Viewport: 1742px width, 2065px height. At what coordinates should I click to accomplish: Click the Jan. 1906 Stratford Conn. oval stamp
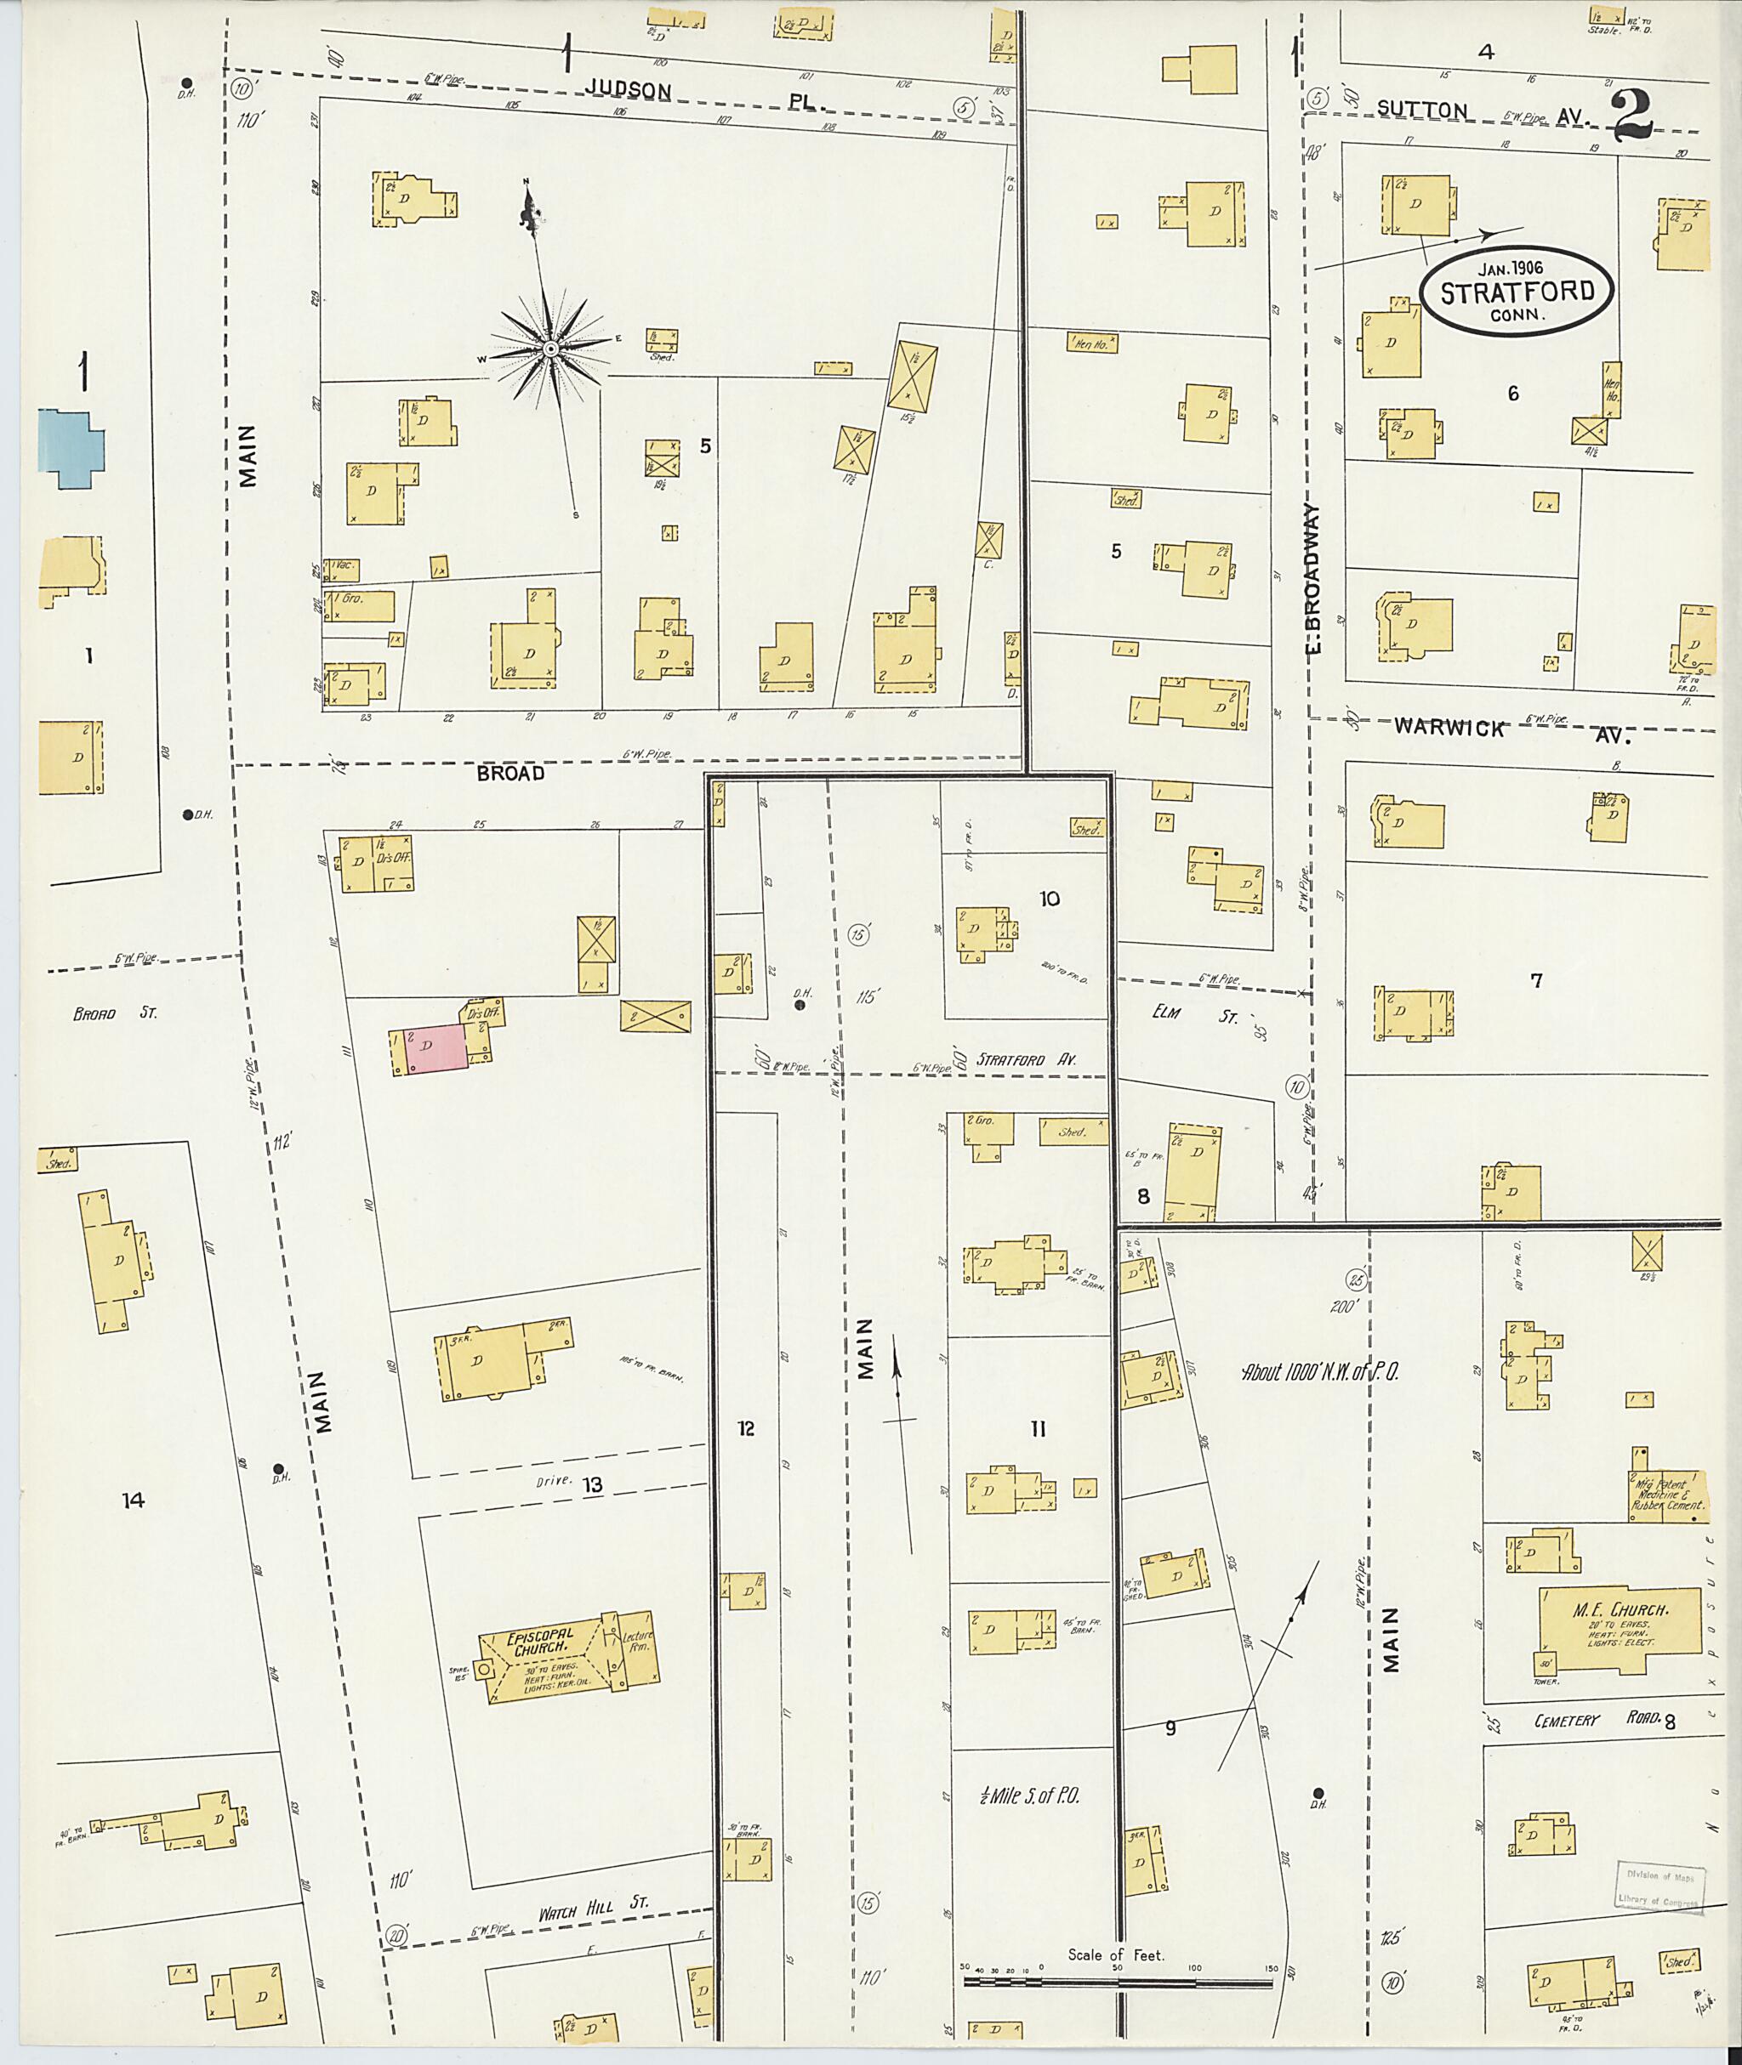click(x=1515, y=292)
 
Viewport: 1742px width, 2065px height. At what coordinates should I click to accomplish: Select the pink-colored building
click(x=435, y=1048)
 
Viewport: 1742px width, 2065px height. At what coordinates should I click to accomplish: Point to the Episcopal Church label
click(x=539, y=1642)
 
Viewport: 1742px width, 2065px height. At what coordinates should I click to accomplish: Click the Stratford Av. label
click(x=1026, y=1059)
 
